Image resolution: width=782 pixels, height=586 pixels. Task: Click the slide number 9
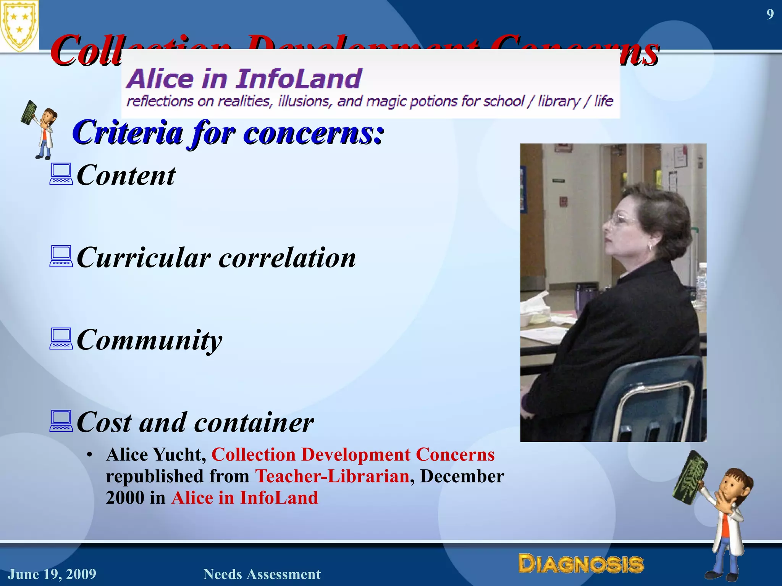pyautogui.click(x=770, y=14)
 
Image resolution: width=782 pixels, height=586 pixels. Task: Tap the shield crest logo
pyautogui.click(x=19, y=25)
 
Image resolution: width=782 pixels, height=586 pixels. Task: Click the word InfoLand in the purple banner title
pyautogui.click(x=299, y=79)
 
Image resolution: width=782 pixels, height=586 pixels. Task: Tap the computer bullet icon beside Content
pyautogui.click(x=61, y=174)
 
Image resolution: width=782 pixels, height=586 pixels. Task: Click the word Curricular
pyautogui.click(x=144, y=258)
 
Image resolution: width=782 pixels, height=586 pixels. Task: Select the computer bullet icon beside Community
pyautogui.click(x=61, y=338)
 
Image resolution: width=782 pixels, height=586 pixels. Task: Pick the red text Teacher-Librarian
pyautogui.click(x=332, y=476)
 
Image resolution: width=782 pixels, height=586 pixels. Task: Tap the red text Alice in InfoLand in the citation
pyautogui.click(x=244, y=498)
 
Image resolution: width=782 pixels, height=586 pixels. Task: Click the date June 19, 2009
pyautogui.click(x=52, y=574)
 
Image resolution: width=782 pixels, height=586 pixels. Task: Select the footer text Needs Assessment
pyautogui.click(x=262, y=574)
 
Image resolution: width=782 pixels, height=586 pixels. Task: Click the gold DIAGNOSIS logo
pyautogui.click(x=581, y=563)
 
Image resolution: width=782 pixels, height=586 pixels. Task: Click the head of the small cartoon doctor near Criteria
pyautogui.click(x=48, y=116)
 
